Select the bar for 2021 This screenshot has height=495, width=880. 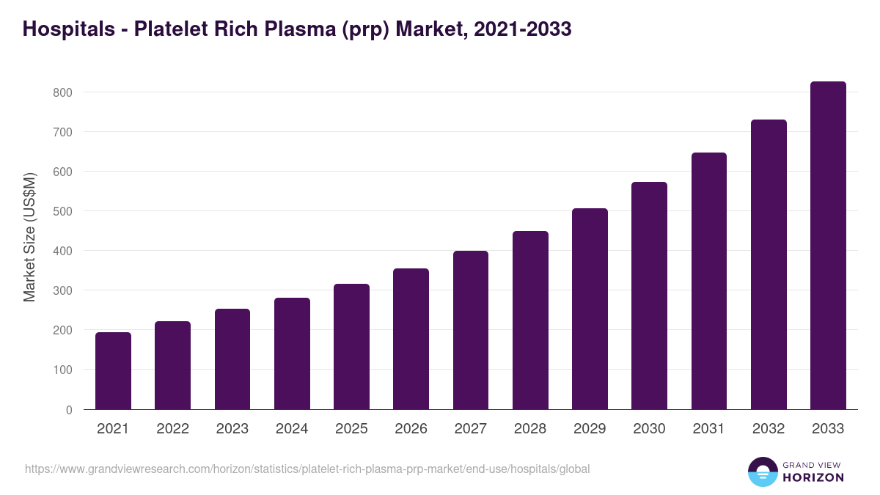point(113,371)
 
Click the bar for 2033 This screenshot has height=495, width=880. point(828,246)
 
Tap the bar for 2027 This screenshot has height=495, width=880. point(471,330)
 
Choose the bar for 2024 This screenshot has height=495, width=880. point(292,353)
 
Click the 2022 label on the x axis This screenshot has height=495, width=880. point(172,429)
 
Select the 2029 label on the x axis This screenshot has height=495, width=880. point(590,429)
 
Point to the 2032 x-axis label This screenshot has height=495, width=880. point(769,429)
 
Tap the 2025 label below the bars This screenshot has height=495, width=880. point(351,429)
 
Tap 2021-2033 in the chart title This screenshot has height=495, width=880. point(522,29)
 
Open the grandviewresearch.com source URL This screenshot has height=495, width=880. point(307,469)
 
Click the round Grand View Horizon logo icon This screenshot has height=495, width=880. point(762,472)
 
